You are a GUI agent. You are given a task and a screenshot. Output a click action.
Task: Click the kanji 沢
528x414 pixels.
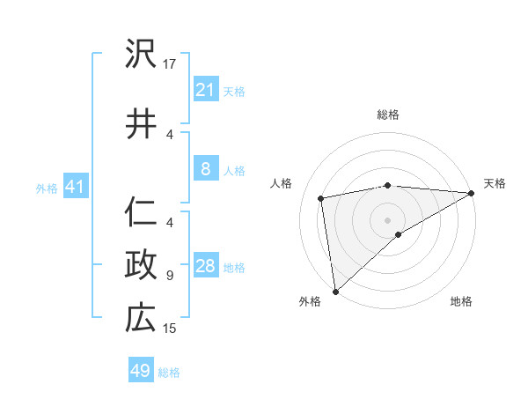click(141, 55)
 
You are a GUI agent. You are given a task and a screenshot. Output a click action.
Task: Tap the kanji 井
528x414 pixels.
click(141, 123)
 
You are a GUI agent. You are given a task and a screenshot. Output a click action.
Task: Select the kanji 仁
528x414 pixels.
click(141, 211)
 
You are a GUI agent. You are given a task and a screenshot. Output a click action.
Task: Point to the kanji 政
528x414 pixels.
click(141, 264)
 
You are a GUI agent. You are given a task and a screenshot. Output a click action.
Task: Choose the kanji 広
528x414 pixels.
click(141, 317)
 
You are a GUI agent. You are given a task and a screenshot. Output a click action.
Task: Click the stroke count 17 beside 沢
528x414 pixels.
click(171, 63)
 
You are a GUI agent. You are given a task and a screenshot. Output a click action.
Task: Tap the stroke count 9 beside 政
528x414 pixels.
click(170, 275)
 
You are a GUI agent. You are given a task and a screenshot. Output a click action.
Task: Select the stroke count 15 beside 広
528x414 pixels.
click(171, 329)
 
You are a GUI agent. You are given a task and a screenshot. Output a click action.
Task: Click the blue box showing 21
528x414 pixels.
click(205, 89)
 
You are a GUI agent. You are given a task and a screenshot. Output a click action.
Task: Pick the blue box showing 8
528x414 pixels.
click(205, 169)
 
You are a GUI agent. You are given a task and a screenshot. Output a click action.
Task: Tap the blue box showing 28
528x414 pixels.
click(205, 266)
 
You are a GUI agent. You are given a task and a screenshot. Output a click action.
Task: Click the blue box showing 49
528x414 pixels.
click(141, 371)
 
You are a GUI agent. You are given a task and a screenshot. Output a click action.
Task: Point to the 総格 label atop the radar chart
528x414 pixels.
click(388, 115)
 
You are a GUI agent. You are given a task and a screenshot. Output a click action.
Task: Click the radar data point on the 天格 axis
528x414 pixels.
click(472, 193)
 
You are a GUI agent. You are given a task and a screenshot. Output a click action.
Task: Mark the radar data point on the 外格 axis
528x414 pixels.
click(335, 291)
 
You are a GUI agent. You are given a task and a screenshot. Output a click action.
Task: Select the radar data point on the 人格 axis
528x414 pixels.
click(322, 198)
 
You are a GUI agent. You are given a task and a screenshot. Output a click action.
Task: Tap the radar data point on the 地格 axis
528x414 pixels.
click(399, 234)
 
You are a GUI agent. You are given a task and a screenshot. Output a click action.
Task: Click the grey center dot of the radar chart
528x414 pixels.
click(388, 218)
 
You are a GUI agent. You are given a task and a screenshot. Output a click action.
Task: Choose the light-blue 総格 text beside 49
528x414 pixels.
click(170, 373)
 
